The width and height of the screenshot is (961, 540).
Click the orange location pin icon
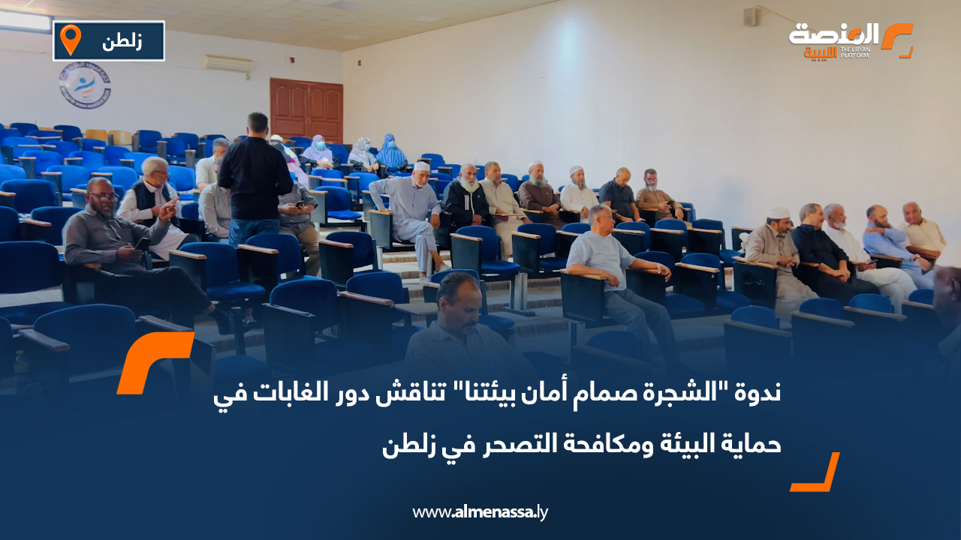point(71,40)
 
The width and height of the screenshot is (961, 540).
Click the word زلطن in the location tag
point(122,41)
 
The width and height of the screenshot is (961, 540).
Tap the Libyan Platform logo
point(850,40)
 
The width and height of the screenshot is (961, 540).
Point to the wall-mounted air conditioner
point(228,64)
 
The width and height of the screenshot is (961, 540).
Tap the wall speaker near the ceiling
point(751,16)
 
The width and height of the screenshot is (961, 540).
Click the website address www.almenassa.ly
point(480,512)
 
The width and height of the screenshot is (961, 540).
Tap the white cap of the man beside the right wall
point(779,212)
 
